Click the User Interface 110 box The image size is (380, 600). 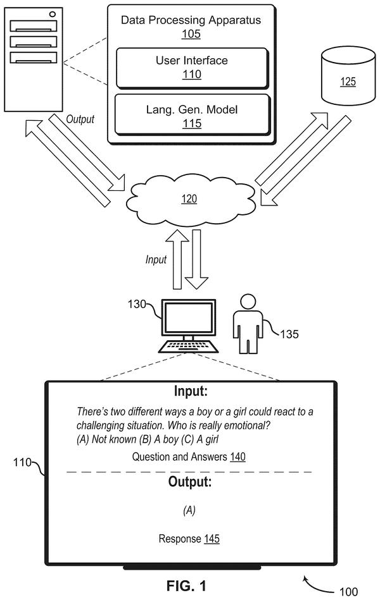192,68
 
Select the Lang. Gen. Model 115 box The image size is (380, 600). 192,115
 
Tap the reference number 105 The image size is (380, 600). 191,34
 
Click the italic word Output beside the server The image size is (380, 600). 80,119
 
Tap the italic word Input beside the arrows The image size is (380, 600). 156,259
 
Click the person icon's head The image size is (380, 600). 248,302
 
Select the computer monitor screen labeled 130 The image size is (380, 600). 189,317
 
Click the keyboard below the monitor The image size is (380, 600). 188,346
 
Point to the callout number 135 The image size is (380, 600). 289,334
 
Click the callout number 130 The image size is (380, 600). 137,304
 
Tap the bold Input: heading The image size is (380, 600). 191,391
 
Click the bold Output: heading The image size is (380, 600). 190,481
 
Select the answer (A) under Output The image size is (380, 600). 189,510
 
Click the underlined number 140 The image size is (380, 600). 237,456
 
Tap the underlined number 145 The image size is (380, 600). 212,539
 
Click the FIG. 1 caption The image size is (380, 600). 186,585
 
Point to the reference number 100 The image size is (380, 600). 348,592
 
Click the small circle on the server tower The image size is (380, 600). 53,14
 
